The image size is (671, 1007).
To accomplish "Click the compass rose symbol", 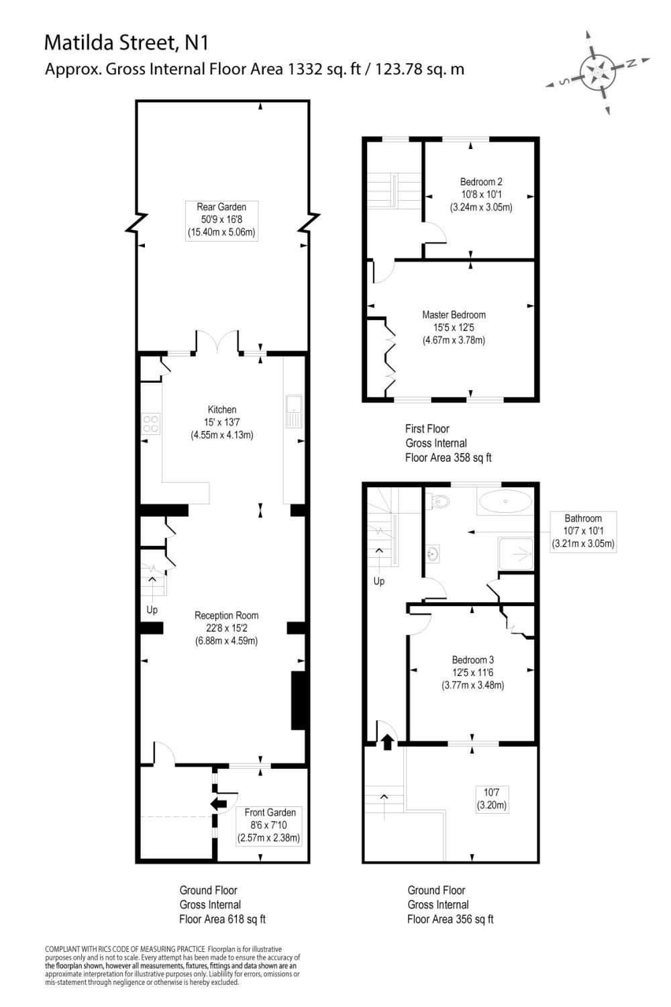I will click(x=600, y=72).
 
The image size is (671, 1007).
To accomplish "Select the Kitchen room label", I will click(x=221, y=422).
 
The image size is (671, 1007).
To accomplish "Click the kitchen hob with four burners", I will click(x=151, y=423).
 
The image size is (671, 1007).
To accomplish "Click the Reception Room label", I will click(x=226, y=628).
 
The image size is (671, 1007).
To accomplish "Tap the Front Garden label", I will click(x=269, y=825).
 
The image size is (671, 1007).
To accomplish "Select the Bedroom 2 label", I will click(x=481, y=195).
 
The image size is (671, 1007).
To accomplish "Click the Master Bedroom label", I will click(x=454, y=328).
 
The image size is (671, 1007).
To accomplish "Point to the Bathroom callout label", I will click(x=582, y=531).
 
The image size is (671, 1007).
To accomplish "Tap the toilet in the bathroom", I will click(x=440, y=501).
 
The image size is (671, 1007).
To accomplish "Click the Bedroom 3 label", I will click(x=472, y=673).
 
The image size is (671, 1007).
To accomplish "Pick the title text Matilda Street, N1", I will click(x=126, y=43).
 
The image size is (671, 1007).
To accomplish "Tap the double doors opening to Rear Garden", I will click(x=217, y=342).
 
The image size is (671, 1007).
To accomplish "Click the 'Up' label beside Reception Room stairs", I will click(x=152, y=610).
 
